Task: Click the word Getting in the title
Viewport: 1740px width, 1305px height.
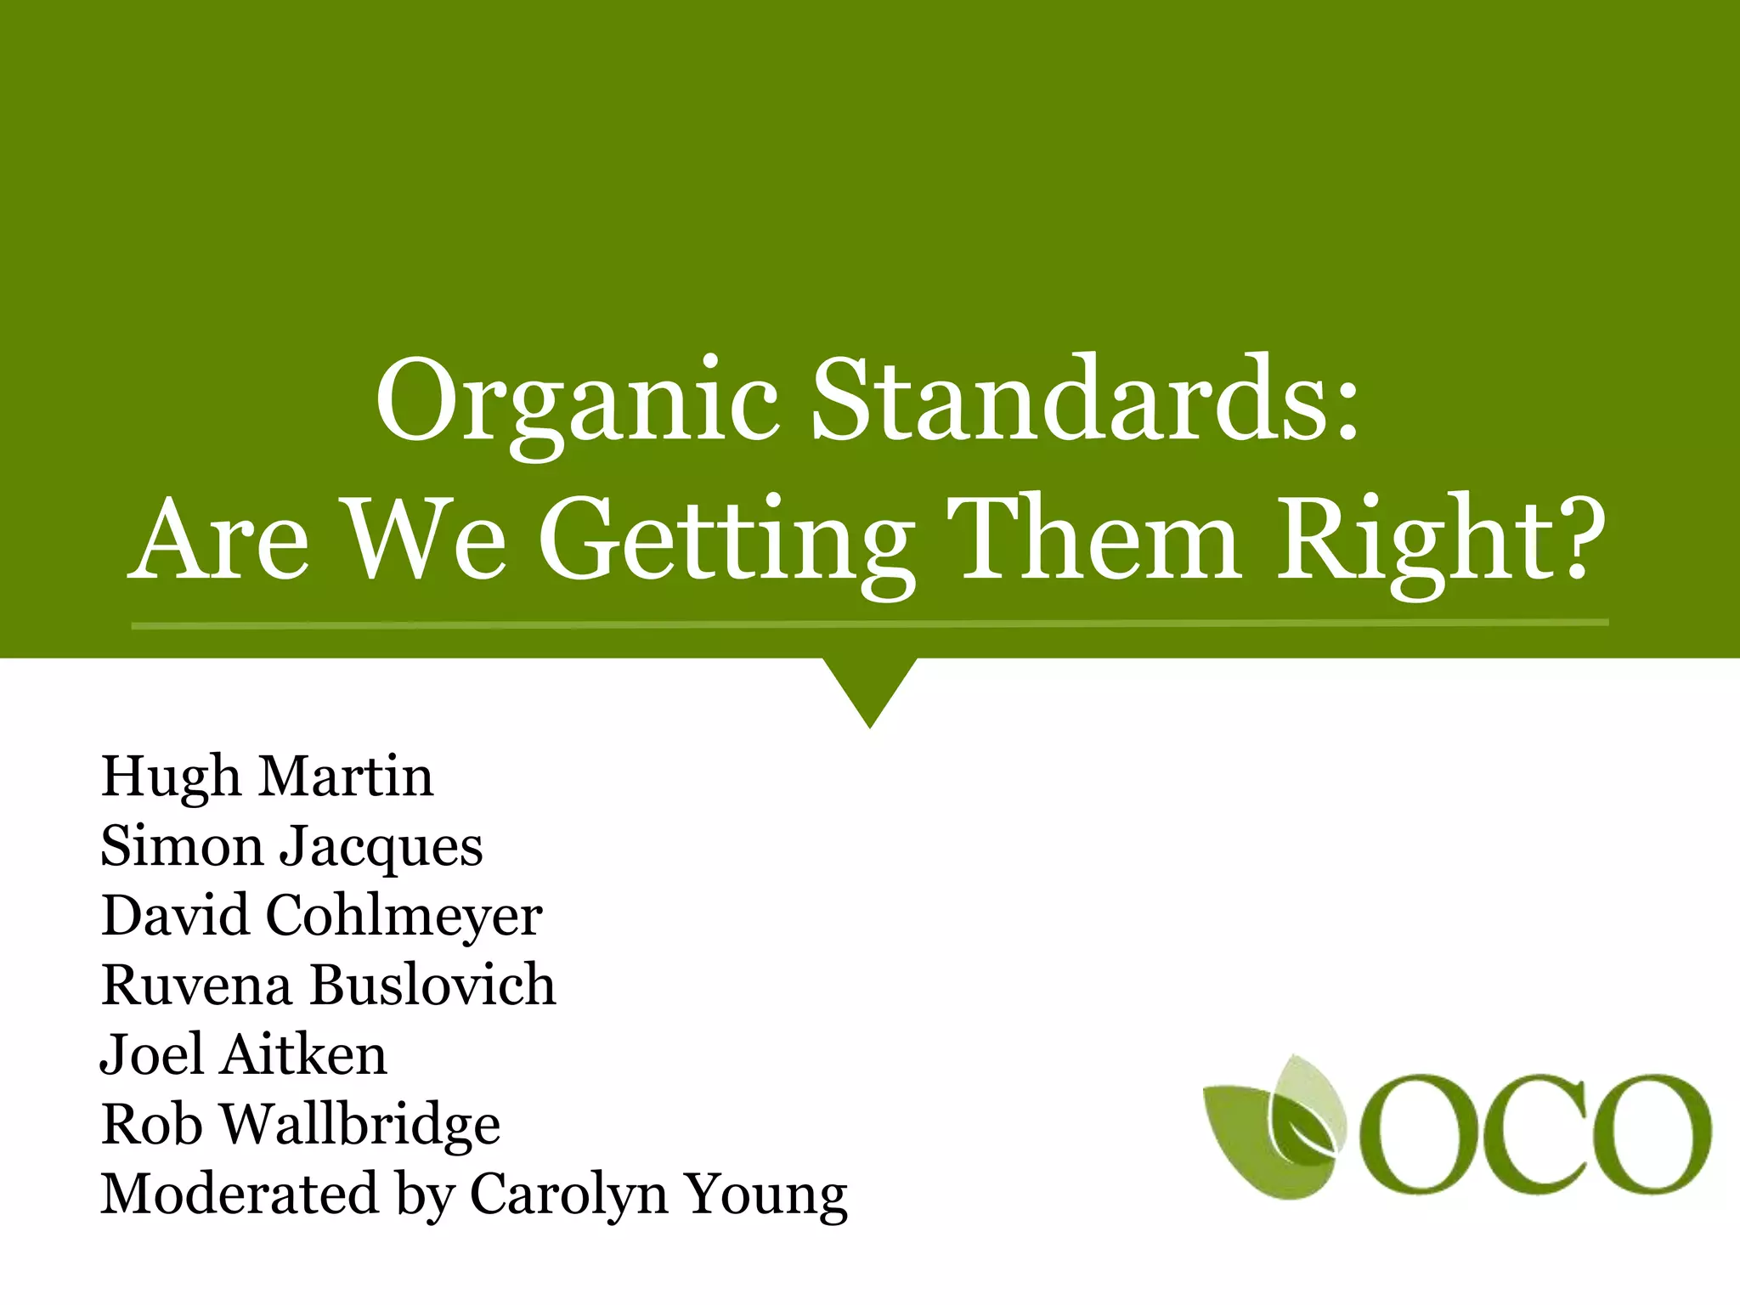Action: pos(726,544)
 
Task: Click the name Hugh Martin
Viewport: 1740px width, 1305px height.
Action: pos(267,777)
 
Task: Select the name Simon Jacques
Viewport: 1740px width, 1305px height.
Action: pos(291,847)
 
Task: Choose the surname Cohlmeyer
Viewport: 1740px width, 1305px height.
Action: pos(404,916)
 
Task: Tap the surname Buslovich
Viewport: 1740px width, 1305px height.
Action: pos(432,986)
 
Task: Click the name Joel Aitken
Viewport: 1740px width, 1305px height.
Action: pos(244,1055)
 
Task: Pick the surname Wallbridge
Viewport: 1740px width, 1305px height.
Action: pos(360,1125)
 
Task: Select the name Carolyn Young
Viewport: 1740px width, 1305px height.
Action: pos(658,1195)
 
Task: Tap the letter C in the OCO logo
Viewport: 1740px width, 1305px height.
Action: pos(1513,1133)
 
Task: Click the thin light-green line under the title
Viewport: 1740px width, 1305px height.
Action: pos(869,624)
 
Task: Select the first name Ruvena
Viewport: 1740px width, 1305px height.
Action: pos(196,986)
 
